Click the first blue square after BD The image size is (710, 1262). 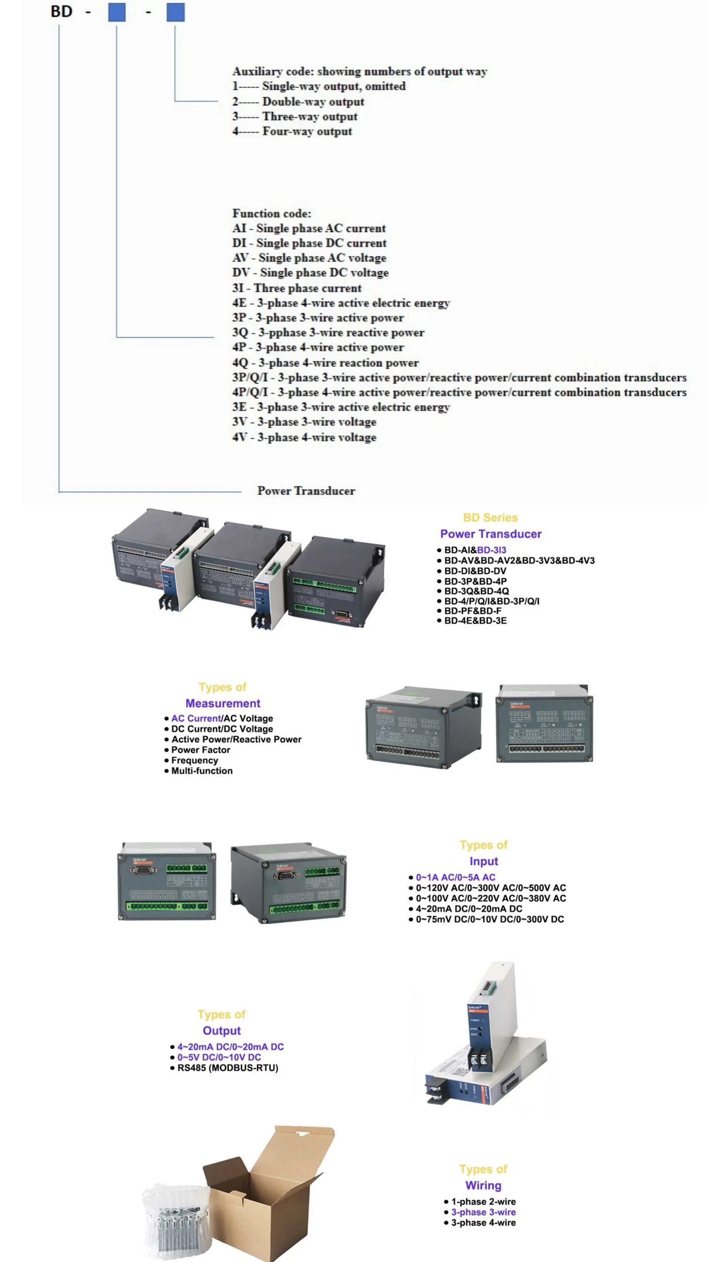117,12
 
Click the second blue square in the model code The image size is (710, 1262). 175,12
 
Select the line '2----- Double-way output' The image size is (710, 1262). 298,102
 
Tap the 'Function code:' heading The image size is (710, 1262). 272,213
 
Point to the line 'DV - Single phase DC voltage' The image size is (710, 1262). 310,273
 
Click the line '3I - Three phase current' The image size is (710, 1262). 297,288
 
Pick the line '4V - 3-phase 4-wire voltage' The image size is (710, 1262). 304,437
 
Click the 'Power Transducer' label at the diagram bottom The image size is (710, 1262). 306,491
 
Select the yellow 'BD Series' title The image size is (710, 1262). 490,518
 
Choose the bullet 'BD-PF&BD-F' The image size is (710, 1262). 472,611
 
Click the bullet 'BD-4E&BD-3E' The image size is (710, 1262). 475,621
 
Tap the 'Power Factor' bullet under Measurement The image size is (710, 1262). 200,750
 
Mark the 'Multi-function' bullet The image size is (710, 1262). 202,771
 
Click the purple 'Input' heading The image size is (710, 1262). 484,861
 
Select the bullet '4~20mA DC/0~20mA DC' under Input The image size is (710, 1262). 468,909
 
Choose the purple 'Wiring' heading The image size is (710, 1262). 483,1185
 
